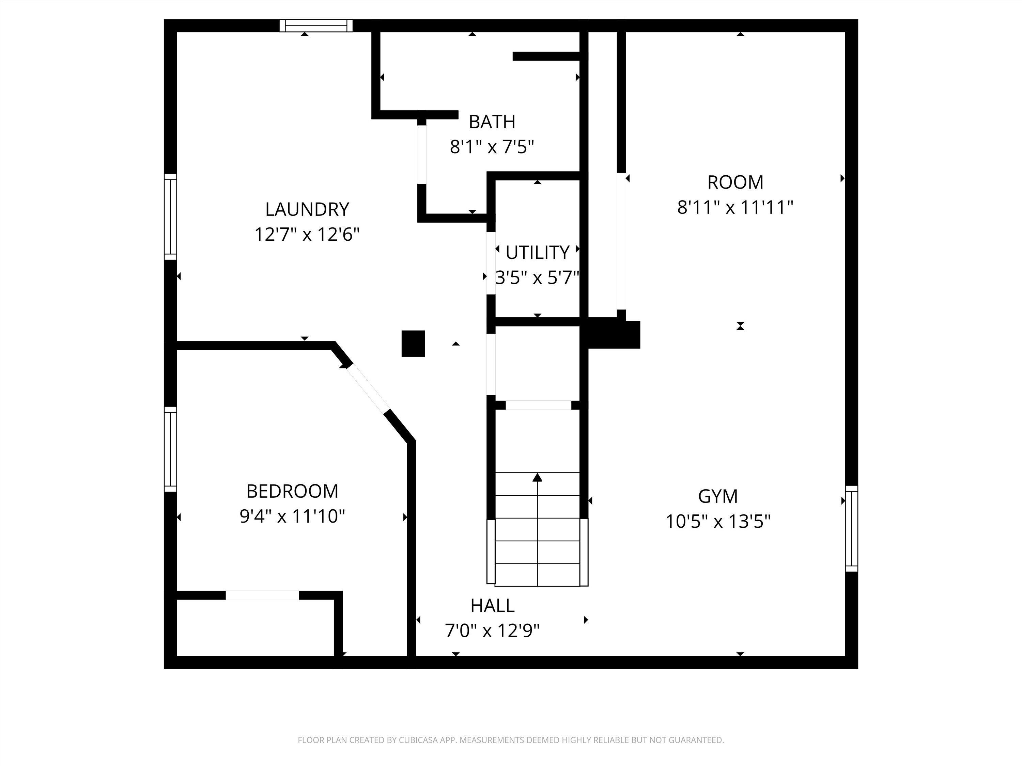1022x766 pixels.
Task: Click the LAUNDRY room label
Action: (x=307, y=209)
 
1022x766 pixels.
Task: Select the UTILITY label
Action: (x=537, y=253)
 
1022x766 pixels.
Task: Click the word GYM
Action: (x=717, y=496)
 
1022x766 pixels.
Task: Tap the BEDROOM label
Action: (x=292, y=491)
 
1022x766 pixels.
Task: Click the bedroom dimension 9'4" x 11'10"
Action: (x=292, y=516)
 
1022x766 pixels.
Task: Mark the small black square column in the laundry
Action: (x=413, y=344)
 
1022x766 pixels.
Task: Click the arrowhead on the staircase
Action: (x=537, y=477)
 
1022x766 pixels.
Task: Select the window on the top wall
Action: (x=316, y=26)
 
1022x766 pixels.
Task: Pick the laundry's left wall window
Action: (x=170, y=217)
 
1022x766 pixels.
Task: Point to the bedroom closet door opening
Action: (x=262, y=595)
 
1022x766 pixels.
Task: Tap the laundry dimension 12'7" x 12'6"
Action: (x=307, y=235)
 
